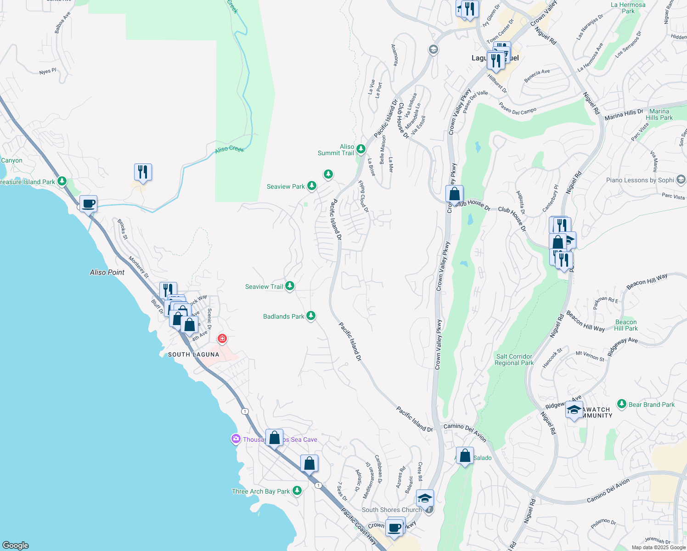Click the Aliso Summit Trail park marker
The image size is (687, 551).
(x=360, y=149)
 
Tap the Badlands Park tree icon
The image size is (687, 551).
(x=311, y=316)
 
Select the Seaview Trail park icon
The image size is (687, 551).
(x=289, y=286)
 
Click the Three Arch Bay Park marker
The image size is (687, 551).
(x=297, y=491)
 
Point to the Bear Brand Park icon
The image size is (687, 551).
(x=622, y=404)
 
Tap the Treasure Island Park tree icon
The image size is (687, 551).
(x=62, y=181)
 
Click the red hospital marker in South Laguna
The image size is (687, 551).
(x=222, y=339)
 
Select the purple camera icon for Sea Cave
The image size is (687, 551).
(x=236, y=439)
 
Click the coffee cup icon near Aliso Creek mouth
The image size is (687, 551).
(x=88, y=203)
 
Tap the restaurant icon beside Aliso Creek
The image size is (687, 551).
(x=143, y=172)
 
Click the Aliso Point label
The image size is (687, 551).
(x=107, y=272)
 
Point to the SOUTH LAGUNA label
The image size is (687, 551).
(x=193, y=354)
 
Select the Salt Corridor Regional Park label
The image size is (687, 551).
(x=514, y=360)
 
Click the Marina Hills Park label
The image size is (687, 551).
(x=659, y=114)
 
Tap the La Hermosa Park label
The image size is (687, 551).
(x=628, y=8)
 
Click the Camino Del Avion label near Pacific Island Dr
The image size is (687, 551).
(x=465, y=432)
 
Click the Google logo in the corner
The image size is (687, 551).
(x=16, y=545)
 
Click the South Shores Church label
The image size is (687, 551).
(x=391, y=510)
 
